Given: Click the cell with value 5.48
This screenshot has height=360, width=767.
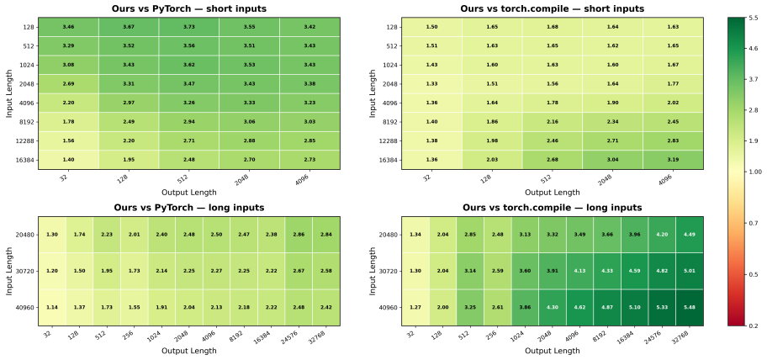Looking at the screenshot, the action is (690, 308).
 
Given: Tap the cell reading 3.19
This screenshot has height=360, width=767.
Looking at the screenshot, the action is (673, 160).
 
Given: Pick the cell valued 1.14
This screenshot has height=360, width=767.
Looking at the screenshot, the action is (53, 308).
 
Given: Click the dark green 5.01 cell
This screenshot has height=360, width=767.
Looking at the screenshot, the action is (690, 271).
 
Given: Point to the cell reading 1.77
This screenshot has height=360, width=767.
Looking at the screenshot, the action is (673, 84).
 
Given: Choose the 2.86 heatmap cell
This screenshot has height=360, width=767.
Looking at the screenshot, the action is (299, 235).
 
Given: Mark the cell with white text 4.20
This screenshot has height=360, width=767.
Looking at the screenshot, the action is (662, 235).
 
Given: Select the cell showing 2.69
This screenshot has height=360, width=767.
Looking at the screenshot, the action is (68, 84).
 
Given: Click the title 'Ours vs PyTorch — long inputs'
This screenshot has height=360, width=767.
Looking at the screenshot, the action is (189, 208).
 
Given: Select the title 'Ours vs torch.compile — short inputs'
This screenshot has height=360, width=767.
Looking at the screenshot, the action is (553, 8).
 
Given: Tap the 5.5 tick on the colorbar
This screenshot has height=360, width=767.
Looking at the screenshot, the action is (751, 18).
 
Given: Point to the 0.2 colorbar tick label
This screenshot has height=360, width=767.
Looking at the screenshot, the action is (751, 325).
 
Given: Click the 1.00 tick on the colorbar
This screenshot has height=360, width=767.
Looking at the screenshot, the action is (753, 172).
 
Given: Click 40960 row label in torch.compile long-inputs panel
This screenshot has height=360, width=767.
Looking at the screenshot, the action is (389, 308).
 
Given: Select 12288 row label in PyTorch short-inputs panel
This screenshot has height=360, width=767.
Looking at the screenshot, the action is (26, 140).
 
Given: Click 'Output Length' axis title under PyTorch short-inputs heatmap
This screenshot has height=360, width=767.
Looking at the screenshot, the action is (189, 193).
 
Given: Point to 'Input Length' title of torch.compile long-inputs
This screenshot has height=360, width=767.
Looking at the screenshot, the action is (373, 271).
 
